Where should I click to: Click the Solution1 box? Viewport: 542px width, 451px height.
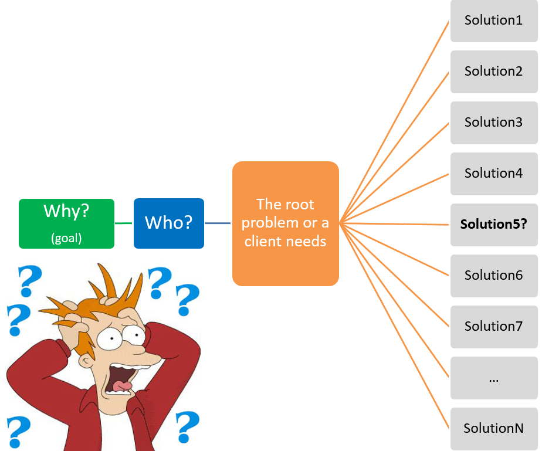pyautogui.click(x=494, y=21)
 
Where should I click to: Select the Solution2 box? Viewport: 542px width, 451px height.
pyautogui.click(x=494, y=72)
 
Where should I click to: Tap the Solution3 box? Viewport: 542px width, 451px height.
pyautogui.click(x=494, y=123)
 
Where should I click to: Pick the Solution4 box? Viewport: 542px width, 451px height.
pyautogui.click(x=494, y=174)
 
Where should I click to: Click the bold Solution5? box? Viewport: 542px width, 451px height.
pyautogui.click(x=494, y=224)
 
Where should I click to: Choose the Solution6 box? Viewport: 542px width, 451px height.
pyautogui.click(x=494, y=275)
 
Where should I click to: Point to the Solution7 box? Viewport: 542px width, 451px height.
pyautogui.click(x=494, y=326)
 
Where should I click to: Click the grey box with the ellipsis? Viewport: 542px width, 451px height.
pyautogui.click(x=494, y=378)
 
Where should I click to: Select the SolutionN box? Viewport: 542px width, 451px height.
pyautogui.click(x=494, y=428)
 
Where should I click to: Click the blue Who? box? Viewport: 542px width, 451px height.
pyautogui.click(x=169, y=223)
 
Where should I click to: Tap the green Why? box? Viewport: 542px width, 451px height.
pyautogui.click(x=66, y=223)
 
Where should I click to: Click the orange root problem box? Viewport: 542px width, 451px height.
pyautogui.click(x=286, y=223)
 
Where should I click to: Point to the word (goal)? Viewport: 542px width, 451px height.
pyautogui.click(x=66, y=238)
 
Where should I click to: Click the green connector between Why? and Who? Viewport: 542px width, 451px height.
pyautogui.click(x=124, y=223)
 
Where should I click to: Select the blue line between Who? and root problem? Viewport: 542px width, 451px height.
pyautogui.click(x=218, y=223)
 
